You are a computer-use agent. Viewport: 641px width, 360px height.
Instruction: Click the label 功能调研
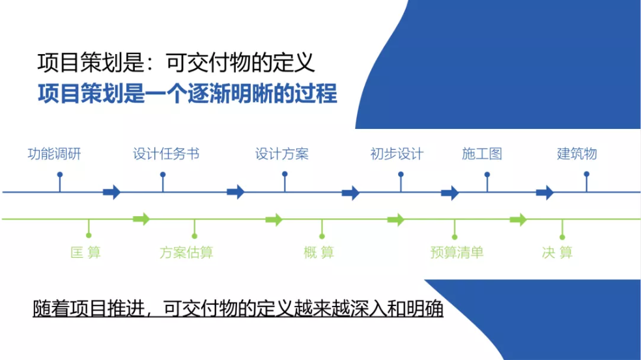(x=54, y=154)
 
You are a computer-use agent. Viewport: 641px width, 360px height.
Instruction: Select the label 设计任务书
(x=166, y=154)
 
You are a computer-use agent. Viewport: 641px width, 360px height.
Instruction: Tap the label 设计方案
(x=281, y=154)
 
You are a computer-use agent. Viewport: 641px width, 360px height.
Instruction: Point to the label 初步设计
(x=397, y=154)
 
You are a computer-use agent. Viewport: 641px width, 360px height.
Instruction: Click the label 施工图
(x=482, y=154)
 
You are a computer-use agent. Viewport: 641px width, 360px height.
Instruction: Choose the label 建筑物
(x=577, y=154)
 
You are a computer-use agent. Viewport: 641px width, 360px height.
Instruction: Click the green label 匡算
(x=85, y=252)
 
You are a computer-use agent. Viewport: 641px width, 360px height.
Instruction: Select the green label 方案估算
(x=186, y=252)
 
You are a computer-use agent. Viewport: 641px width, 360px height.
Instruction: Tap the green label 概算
(x=319, y=252)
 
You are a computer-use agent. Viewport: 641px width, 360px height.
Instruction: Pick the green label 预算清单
(x=457, y=252)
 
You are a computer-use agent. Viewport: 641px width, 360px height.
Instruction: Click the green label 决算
(x=557, y=252)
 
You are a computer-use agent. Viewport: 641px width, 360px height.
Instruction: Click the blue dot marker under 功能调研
(x=60, y=174)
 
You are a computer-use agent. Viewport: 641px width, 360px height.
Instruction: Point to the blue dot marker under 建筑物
(x=587, y=174)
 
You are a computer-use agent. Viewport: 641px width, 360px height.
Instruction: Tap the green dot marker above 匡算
(x=89, y=236)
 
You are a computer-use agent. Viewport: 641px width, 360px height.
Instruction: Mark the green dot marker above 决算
(x=563, y=237)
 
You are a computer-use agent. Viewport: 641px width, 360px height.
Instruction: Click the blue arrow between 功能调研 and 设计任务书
(x=111, y=191)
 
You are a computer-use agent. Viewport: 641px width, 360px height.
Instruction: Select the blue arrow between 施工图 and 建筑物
(x=545, y=192)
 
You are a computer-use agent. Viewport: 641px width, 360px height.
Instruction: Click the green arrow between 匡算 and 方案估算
(x=141, y=219)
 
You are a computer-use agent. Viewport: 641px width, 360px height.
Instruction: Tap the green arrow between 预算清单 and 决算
(x=519, y=219)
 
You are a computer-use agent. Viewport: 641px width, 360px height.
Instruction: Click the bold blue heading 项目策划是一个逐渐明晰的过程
(x=188, y=94)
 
